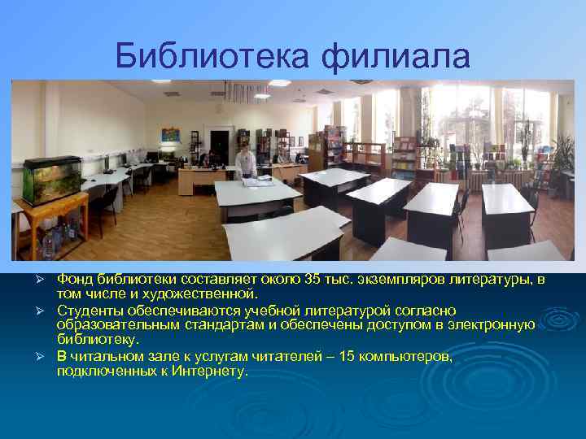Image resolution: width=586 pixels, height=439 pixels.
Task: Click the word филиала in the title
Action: tap(396, 56)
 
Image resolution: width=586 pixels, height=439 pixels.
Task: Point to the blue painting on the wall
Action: tap(169, 135)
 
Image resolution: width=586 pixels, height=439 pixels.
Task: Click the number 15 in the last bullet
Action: tap(348, 356)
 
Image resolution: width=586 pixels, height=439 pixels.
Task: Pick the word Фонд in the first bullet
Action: tap(72, 280)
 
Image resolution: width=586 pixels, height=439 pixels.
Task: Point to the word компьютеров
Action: tap(404, 356)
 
